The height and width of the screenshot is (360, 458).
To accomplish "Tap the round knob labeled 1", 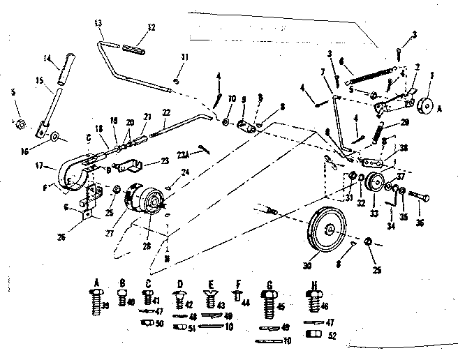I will (424, 107).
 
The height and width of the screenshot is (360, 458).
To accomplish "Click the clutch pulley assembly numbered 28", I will (148, 200).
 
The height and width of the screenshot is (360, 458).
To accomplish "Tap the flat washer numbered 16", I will (54, 135).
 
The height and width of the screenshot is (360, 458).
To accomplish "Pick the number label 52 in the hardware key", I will (331, 335).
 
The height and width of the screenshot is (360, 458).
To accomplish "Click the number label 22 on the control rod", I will (165, 113).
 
